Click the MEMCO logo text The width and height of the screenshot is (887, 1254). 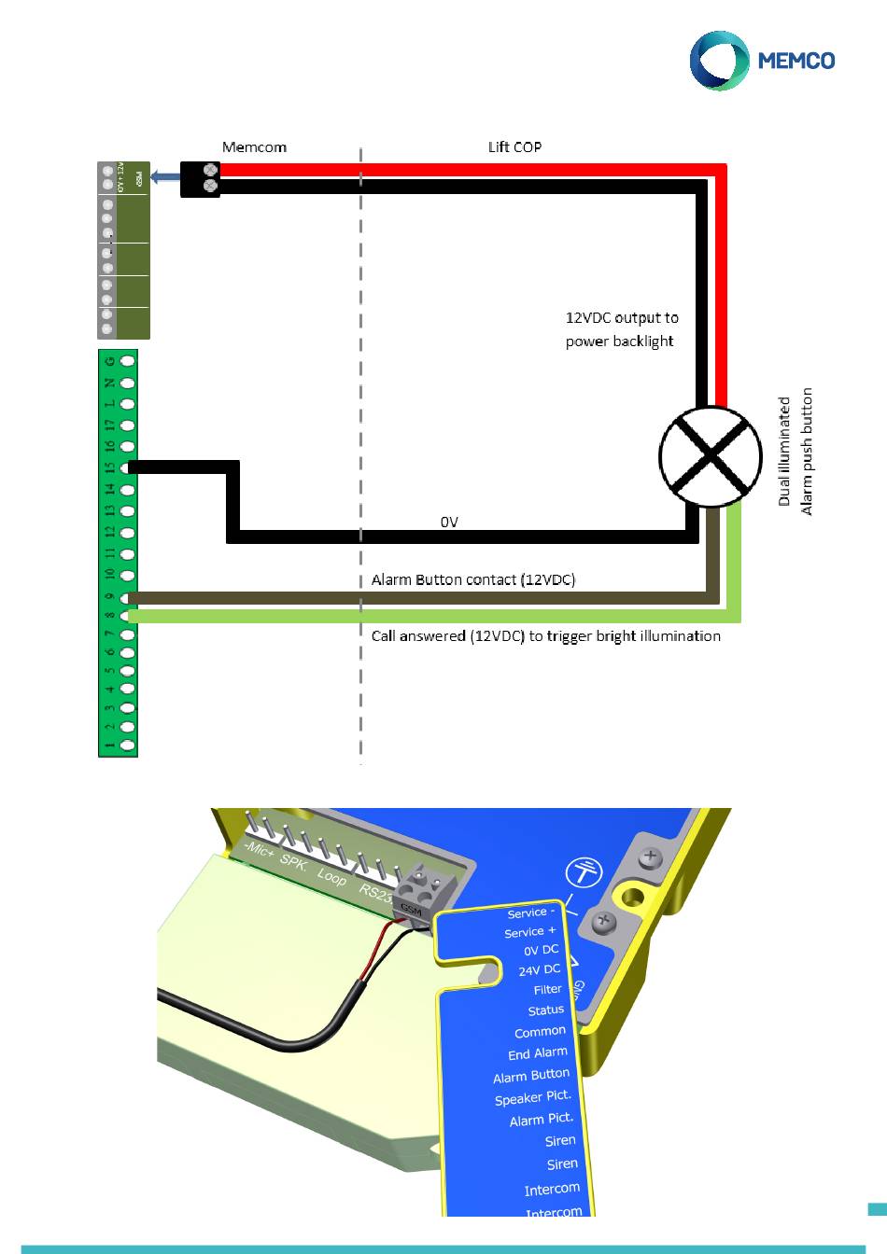coord(795,61)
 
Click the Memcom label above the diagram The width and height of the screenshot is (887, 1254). coord(254,146)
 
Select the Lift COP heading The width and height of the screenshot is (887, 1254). coord(514,146)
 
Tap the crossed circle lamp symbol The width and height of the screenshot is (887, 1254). coord(710,456)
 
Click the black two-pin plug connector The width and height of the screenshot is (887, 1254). coord(201,179)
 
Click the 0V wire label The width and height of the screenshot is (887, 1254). coord(449,522)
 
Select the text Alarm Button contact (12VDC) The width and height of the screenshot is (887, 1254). coord(473,579)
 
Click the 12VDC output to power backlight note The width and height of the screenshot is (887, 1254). coord(621,329)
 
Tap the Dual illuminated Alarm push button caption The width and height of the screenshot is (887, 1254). coord(795,452)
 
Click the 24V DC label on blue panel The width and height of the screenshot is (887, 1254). coord(539,970)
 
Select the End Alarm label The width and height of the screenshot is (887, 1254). coord(537,1053)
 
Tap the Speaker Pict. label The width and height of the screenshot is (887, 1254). coord(532,1098)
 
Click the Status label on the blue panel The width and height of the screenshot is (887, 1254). coord(545,1010)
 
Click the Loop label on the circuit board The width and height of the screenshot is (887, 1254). coord(331,876)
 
